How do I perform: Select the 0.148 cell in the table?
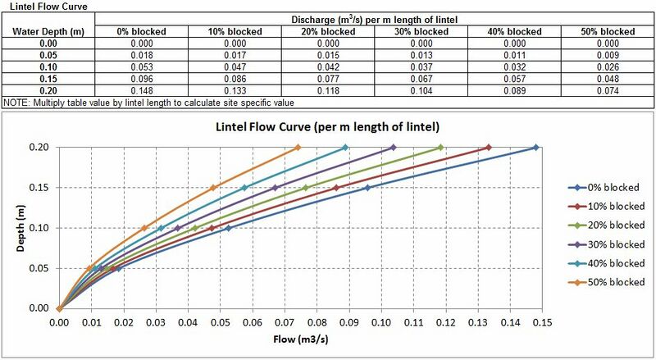141,92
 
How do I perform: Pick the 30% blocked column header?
421,31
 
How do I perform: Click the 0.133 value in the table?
235,92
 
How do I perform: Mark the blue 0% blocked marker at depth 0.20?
535,148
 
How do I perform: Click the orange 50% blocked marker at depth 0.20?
298,148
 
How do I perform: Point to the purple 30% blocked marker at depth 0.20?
394,148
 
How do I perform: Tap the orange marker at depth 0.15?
213,188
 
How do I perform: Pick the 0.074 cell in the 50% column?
608,92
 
